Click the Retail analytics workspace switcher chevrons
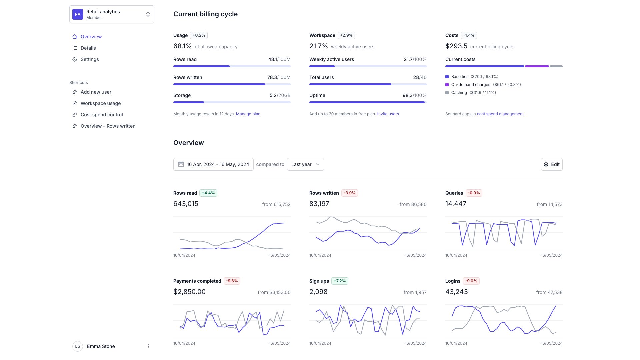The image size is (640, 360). (x=148, y=14)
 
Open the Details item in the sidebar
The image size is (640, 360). (x=88, y=48)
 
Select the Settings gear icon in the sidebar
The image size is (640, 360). (x=75, y=59)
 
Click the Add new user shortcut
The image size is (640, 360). (x=96, y=92)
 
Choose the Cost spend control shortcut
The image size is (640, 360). (x=102, y=115)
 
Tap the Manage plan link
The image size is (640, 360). (x=248, y=114)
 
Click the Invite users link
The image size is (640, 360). (x=388, y=114)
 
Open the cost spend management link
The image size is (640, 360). (x=500, y=114)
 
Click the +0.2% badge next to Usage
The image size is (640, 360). (x=199, y=35)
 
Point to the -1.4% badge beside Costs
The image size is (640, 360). (x=469, y=35)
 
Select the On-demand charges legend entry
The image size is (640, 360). (x=470, y=85)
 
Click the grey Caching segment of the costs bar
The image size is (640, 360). (x=556, y=66)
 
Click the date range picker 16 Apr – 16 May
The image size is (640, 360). (x=213, y=164)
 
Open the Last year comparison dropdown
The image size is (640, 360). (x=305, y=164)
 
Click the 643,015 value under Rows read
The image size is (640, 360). (x=186, y=204)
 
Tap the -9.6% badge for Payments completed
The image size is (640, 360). (x=232, y=281)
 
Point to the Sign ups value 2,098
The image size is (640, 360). (x=318, y=292)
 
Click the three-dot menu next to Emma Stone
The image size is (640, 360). (x=149, y=346)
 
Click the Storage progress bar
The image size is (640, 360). (x=232, y=102)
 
